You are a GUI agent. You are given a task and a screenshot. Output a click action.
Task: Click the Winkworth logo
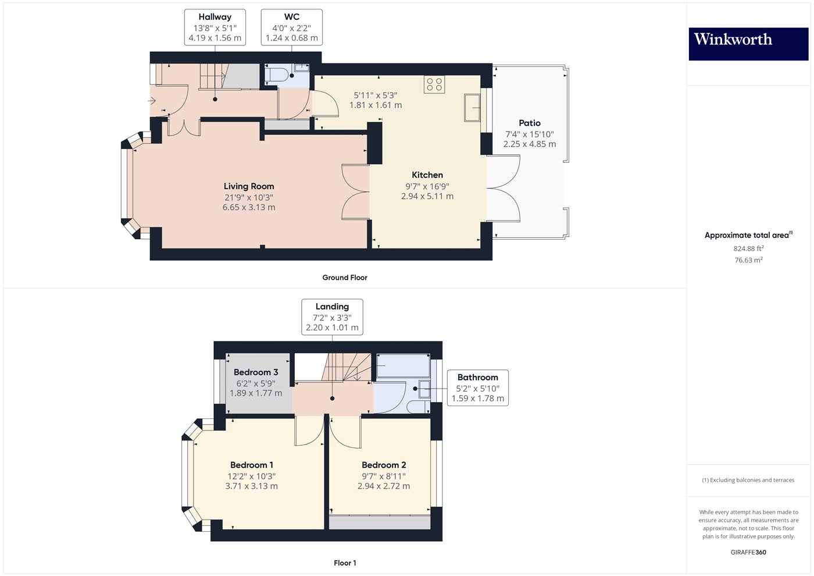point(748,44)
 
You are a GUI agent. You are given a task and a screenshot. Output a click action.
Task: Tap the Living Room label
point(249,186)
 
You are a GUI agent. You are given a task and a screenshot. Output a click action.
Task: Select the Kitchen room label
point(427,175)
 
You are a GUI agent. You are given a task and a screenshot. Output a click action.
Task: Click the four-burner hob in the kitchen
point(434,84)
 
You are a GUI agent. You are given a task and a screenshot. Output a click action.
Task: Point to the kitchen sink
point(472,108)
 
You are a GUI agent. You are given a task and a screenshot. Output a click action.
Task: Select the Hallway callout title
point(215,17)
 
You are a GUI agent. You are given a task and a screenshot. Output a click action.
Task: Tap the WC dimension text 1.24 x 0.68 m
point(291,38)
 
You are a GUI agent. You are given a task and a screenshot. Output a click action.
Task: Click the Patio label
point(529,123)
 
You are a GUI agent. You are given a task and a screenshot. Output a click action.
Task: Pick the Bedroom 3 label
point(256,372)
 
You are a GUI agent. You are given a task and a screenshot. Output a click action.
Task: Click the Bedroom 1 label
point(251,465)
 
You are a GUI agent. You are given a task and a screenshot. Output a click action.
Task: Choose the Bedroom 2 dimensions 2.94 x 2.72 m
point(383,486)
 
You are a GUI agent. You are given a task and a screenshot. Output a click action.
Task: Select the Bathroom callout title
point(477,377)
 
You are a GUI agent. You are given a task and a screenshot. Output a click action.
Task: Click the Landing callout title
point(332,307)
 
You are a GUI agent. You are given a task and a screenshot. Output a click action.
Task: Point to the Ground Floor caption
point(345,278)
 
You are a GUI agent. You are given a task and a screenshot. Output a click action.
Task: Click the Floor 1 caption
point(345,563)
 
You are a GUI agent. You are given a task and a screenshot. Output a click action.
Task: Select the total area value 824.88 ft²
point(748,248)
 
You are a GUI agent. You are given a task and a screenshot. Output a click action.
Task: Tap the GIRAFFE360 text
point(748,552)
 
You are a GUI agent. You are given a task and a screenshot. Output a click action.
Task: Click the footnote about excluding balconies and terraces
point(748,480)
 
